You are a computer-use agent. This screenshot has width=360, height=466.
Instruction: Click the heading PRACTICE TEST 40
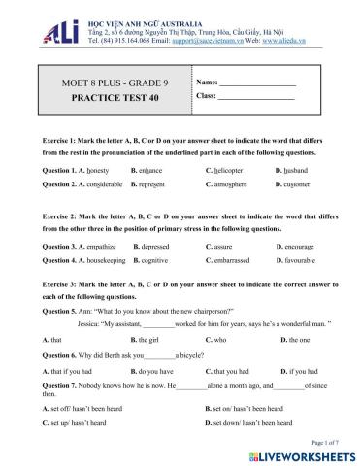[104, 99]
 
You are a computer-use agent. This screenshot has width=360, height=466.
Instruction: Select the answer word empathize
[105, 247]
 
